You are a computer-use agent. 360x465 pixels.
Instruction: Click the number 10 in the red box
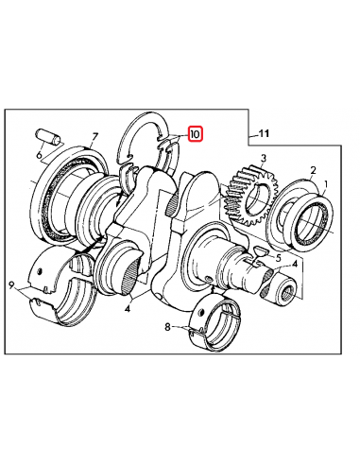pos(194,135)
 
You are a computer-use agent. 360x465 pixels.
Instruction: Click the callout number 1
pos(327,186)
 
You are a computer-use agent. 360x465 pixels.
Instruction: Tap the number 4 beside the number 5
pos(296,266)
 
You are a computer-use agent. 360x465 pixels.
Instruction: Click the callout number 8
pos(168,329)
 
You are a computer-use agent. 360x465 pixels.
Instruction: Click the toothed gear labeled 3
pos(249,195)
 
